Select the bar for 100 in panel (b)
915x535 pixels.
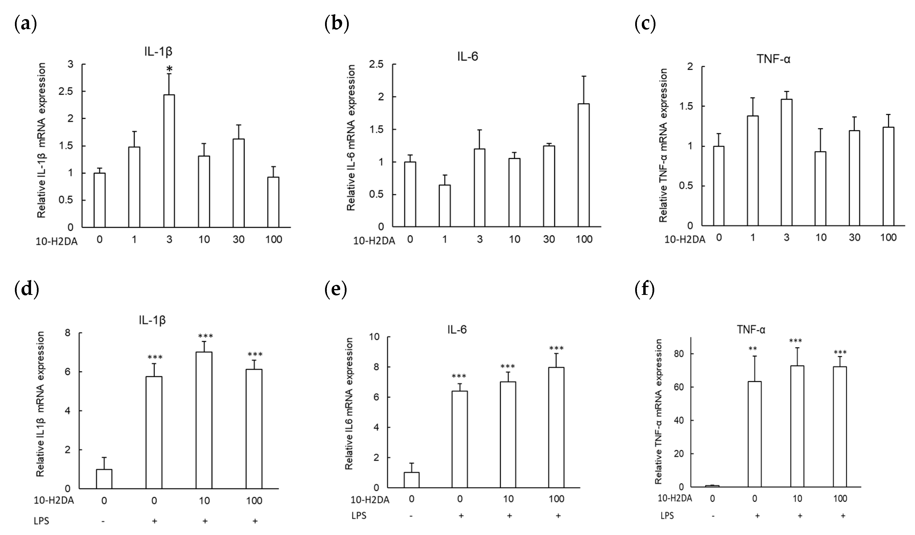[584, 165]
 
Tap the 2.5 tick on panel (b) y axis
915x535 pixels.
[376, 64]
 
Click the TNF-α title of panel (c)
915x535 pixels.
[773, 59]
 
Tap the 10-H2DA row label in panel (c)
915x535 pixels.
[685, 239]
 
